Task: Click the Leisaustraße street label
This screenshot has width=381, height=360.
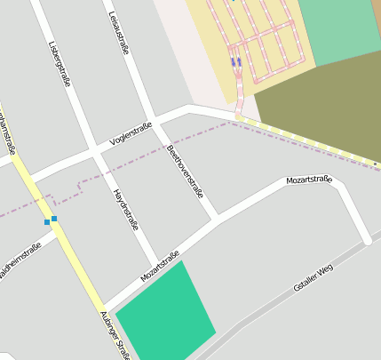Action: (118, 33)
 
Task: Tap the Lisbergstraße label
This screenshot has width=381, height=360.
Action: (60, 62)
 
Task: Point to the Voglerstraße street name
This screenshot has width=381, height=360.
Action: (131, 133)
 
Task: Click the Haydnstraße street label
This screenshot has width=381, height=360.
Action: (125, 209)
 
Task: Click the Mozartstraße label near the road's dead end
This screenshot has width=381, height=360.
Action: (308, 180)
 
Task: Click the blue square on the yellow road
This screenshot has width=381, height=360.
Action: (54, 218)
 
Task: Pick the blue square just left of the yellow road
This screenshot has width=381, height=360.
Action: (46, 221)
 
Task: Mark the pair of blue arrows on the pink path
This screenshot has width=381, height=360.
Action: (235, 62)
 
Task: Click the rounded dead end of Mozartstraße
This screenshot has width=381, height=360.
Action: (366, 239)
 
